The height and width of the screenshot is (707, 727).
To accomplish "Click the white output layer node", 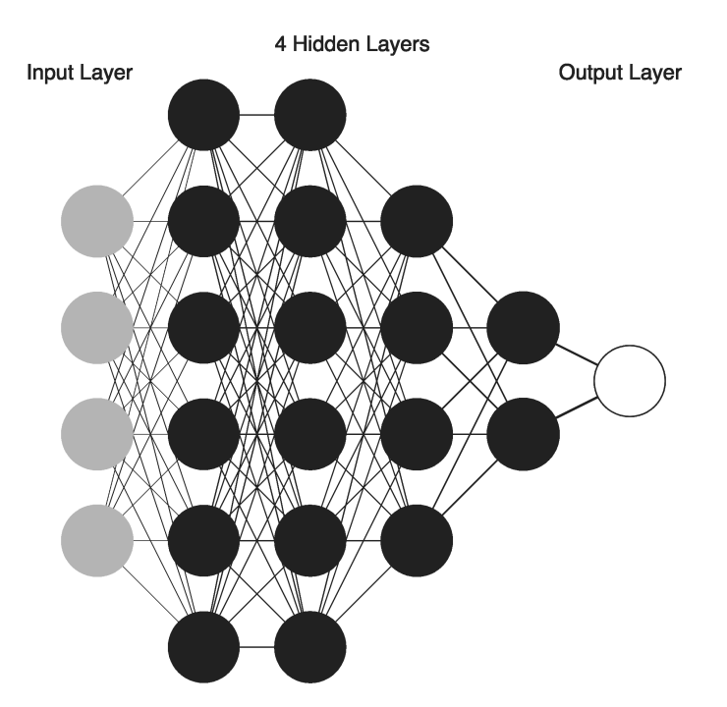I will (x=630, y=380).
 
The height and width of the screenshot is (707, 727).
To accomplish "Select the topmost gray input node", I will (x=96, y=221).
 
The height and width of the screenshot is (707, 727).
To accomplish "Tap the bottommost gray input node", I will (x=96, y=540).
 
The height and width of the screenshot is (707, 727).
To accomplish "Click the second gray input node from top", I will (x=96, y=327).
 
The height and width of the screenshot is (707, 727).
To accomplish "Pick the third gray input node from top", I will (x=96, y=433).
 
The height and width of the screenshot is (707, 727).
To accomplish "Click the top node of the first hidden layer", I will (x=203, y=115).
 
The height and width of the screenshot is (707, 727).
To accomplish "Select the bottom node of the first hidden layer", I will (x=203, y=647).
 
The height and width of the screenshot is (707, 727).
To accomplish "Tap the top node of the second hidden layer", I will (x=310, y=115).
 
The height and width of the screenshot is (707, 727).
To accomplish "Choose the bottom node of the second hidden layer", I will (x=310, y=647).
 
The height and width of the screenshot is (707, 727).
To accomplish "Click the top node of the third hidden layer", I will (x=417, y=221).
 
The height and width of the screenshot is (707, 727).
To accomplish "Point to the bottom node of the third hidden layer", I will (x=417, y=540).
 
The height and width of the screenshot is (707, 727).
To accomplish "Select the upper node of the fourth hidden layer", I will (x=523, y=327).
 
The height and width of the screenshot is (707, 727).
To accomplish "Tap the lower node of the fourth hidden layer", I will (x=523, y=433).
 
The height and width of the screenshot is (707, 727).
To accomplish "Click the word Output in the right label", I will (x=587, y=74).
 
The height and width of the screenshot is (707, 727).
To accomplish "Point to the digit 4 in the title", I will (x=278, y=44).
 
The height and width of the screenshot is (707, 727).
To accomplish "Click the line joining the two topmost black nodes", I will (x=256, y=115).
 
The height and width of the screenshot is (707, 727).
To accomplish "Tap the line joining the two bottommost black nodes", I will (x=256, y=647).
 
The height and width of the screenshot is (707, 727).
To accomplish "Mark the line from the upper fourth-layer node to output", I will (x=577, y=353).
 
